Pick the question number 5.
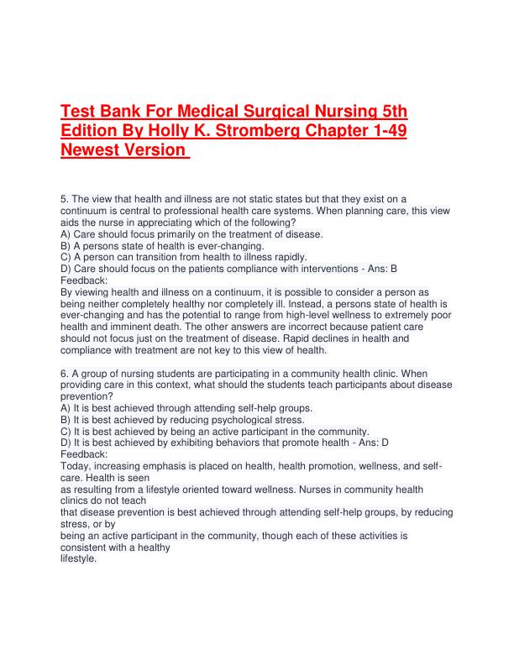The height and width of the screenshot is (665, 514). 65,198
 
